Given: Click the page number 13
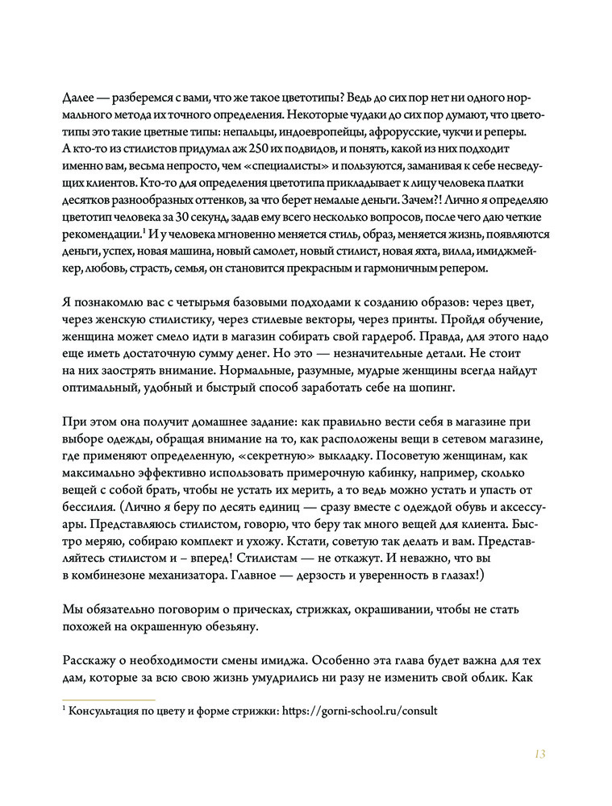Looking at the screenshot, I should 539,754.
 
